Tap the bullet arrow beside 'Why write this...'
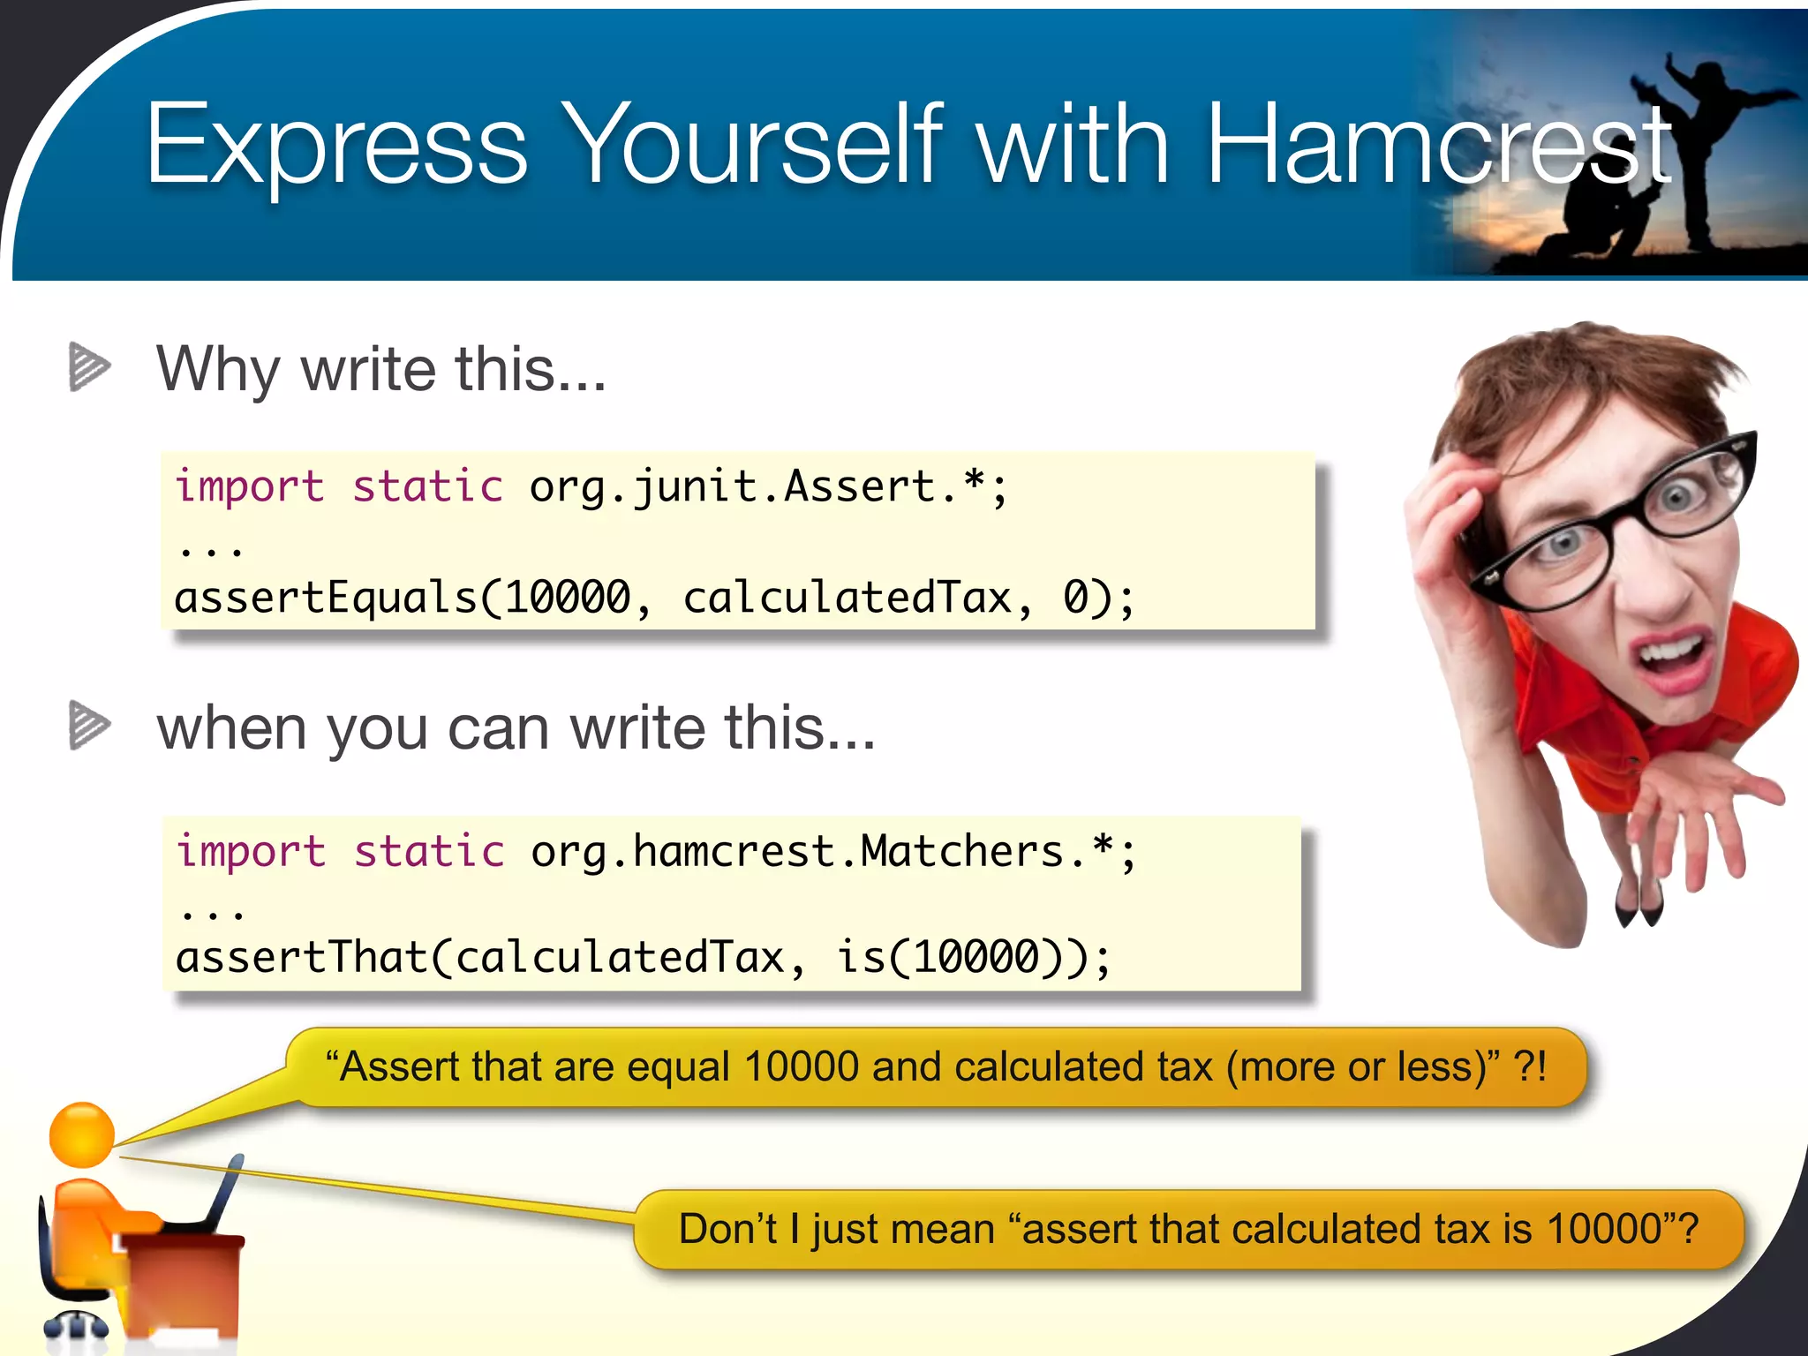click(x=89, y=366)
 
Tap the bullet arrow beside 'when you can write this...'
click(x=89, y=725)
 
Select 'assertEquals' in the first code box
click(x=326, y=598)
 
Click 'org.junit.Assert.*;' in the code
click(x=767, y=487)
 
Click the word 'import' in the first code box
click(x=250, y=487)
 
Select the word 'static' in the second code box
click(x=429, y=852)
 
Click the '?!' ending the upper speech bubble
click(x=1531, y=1066)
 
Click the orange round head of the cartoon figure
click(x=81, y=1135)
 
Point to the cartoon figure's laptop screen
click(x=225, y=1192)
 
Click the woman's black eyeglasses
click(x=1616, y=521)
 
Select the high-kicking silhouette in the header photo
click(x=1704, y=132)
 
